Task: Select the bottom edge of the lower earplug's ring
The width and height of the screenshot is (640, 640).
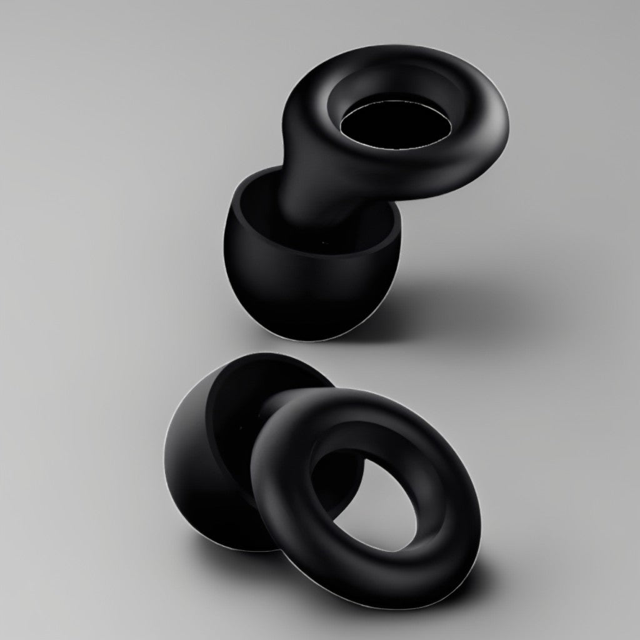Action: [400, 603]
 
